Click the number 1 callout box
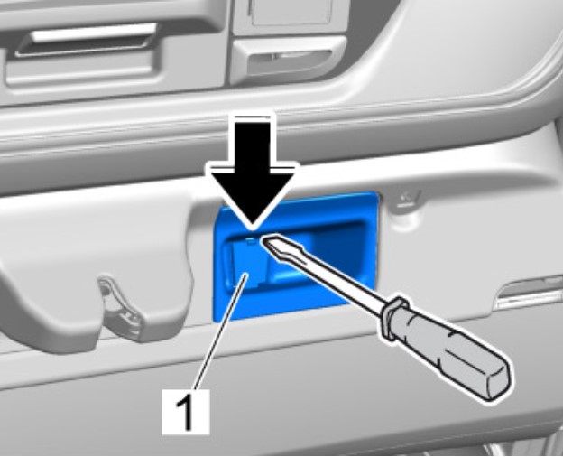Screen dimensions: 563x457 [186, 412]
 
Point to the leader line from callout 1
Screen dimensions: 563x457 [220, 331]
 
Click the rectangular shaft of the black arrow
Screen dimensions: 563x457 [254, 142]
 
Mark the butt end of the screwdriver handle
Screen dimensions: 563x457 [497, 382]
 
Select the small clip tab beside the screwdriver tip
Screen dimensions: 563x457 [252, 240]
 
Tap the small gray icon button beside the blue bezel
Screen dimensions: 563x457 [407, 199]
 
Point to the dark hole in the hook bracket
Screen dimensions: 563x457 [105, 289]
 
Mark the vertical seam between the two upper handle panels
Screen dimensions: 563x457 [229, 43]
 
